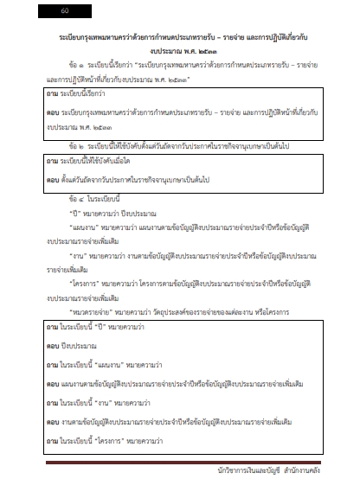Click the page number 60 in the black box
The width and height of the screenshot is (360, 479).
[64, 12]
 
